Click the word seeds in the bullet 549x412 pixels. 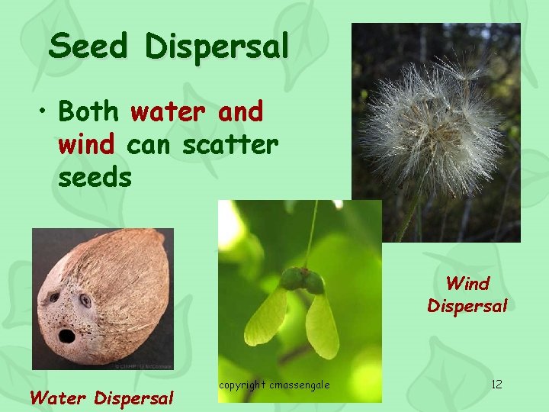pos(95,177)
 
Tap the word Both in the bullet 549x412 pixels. pos(88,112)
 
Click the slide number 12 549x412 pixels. pos(496,384)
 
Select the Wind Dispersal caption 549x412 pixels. pos(467,295)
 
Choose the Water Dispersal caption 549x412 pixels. pos(101,398)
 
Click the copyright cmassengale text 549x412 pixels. pos(274,385)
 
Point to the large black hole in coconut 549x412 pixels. pos(66,336)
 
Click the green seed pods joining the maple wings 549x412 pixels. pos(302,281)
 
